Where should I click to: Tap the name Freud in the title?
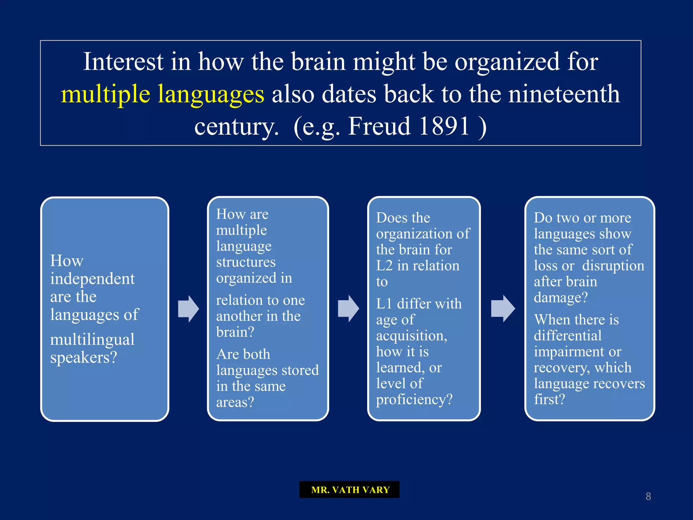[x=379, y=126]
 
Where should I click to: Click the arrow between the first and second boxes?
[x=188, y=308]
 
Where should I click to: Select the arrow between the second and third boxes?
[x=348, y=308]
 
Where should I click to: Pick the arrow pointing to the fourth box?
[x=503, y=308]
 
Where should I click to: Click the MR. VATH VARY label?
[x=350, y=490]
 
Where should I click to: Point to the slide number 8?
[x=648, y=496]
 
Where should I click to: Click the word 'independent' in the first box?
[x=92, y=279]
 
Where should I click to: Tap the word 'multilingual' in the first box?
[x=92, y=340]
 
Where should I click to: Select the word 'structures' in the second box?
[x=246, y=262]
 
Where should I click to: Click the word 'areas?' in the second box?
[x=235, y=402]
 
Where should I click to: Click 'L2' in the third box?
[x=384, y=266]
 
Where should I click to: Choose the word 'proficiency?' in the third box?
[x=414, y=399]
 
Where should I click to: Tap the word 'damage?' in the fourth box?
[x=561, y=298]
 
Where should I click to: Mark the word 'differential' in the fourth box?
[x=567, y=335]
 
